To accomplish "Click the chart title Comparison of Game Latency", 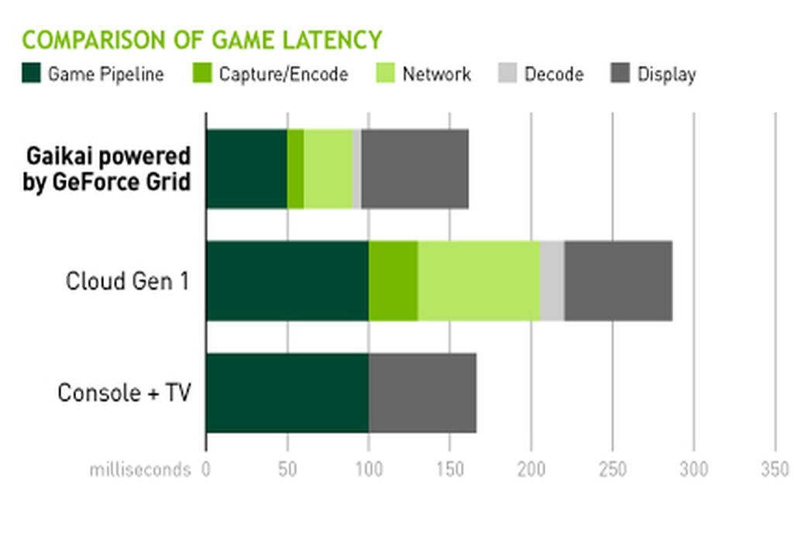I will [x=201, y=40].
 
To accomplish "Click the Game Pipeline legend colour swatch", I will [x=31, y=74].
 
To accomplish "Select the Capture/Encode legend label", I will [x=283, y=74].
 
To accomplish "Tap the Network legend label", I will [x=436, y=74].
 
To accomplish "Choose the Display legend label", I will [x=666, y=74].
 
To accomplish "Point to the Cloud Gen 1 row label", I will [x=127, y=281].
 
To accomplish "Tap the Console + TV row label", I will [x=124, y=393].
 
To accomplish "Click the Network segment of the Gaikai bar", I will [x=328, y=169].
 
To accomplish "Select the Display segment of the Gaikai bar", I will [x=415, y=169].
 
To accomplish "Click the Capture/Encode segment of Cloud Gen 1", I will [x=393, y=281].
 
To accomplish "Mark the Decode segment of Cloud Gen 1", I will [x=552, y=281].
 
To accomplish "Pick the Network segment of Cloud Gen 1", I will [x=479, y=281].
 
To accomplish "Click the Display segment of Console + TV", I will [x=422, y=393].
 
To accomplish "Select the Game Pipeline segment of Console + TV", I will [x=287, y=393].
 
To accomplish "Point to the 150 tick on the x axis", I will [x=450, y=470].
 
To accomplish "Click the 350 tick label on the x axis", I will [x=776, y=470].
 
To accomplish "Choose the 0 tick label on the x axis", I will [x=206, y=470].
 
